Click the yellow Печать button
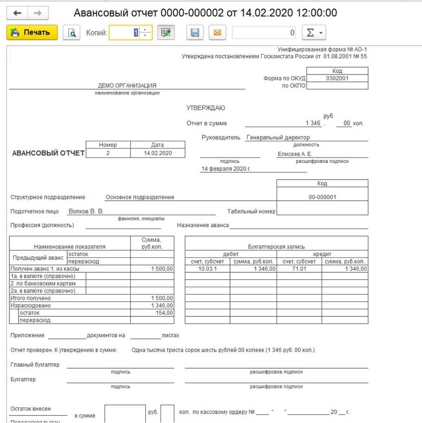[x=32, y=32]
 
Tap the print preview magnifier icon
[x=72, y=33]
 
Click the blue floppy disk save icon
[x=195, y=33]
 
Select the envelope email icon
[x=217, y=33]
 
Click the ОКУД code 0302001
[x=337, y=78]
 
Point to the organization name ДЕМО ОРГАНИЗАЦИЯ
[x=127, y=85]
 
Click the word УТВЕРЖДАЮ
[x=206, y=108]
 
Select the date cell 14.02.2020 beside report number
[x=158, y=153]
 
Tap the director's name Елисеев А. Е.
[x=295, y=154]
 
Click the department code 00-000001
[x=322, y=197]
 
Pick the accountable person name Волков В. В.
[x=86, y=211]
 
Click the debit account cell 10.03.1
[x=207, y=269]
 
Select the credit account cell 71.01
[x=299, y=269]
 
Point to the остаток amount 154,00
[x=164, y=313]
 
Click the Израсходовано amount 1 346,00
[x=162, y=306]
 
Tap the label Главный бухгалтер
[x=35, y=365]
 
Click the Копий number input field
[x=125, y=33]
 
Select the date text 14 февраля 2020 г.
[x=226, y=169]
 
